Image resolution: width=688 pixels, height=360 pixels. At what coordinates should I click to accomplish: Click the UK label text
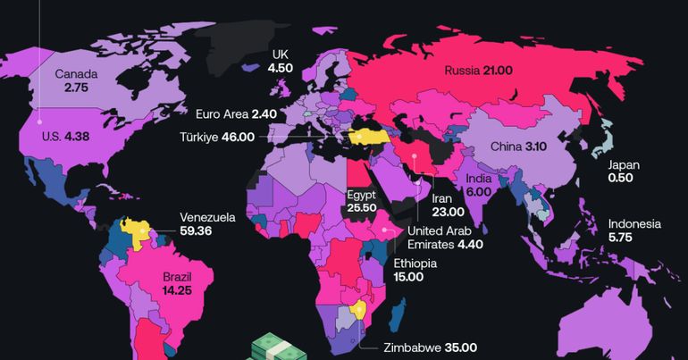(281, 54)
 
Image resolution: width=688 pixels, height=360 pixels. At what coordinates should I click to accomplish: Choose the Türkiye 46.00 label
(228, 138)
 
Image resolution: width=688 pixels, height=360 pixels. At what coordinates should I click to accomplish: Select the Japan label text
(623, 164)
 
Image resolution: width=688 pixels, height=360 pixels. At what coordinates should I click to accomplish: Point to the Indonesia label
(634, 224)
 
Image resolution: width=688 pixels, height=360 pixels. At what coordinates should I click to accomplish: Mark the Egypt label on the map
(360, 194)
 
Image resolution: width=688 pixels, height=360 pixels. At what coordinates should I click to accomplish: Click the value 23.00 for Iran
(448, 212)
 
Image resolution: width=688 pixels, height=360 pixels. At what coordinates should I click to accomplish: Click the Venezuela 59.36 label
(207, 223)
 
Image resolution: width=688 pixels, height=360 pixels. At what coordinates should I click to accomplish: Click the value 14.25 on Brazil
(176, 290)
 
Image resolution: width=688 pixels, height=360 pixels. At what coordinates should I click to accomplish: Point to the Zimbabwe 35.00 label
(430, 348)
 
